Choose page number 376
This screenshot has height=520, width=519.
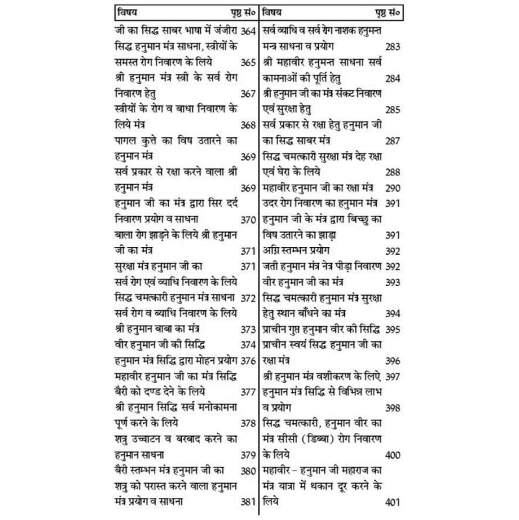click(x=247, y=360)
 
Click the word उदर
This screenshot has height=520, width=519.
click(x=274, y=203)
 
